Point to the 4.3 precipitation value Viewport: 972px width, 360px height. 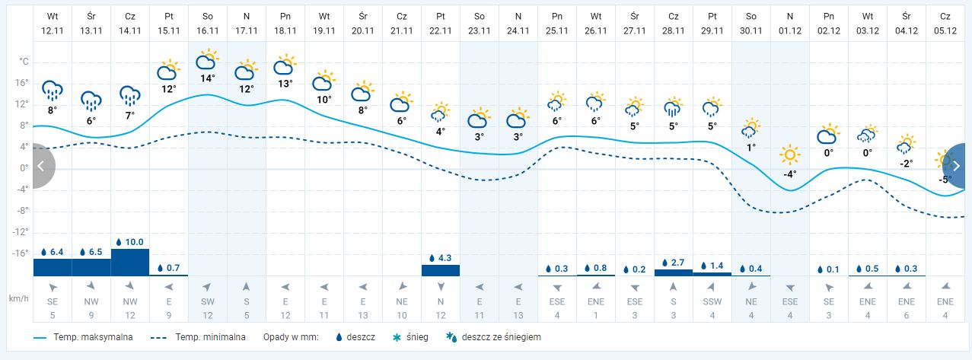[x=445, y=258]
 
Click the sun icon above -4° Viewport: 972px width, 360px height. [x=790, y=156]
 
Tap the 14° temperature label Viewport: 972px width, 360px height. [x=208, y=78]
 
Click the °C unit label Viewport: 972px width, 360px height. [x=24, y=61]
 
